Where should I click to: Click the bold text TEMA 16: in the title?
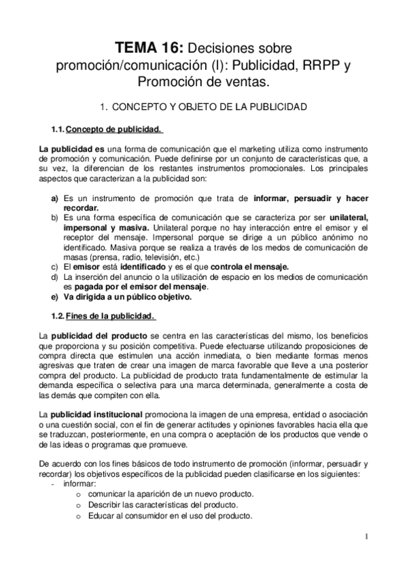[148, 48]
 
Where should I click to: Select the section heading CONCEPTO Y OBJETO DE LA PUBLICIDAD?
[211, 107]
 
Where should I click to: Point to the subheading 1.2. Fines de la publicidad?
[102, 316]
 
